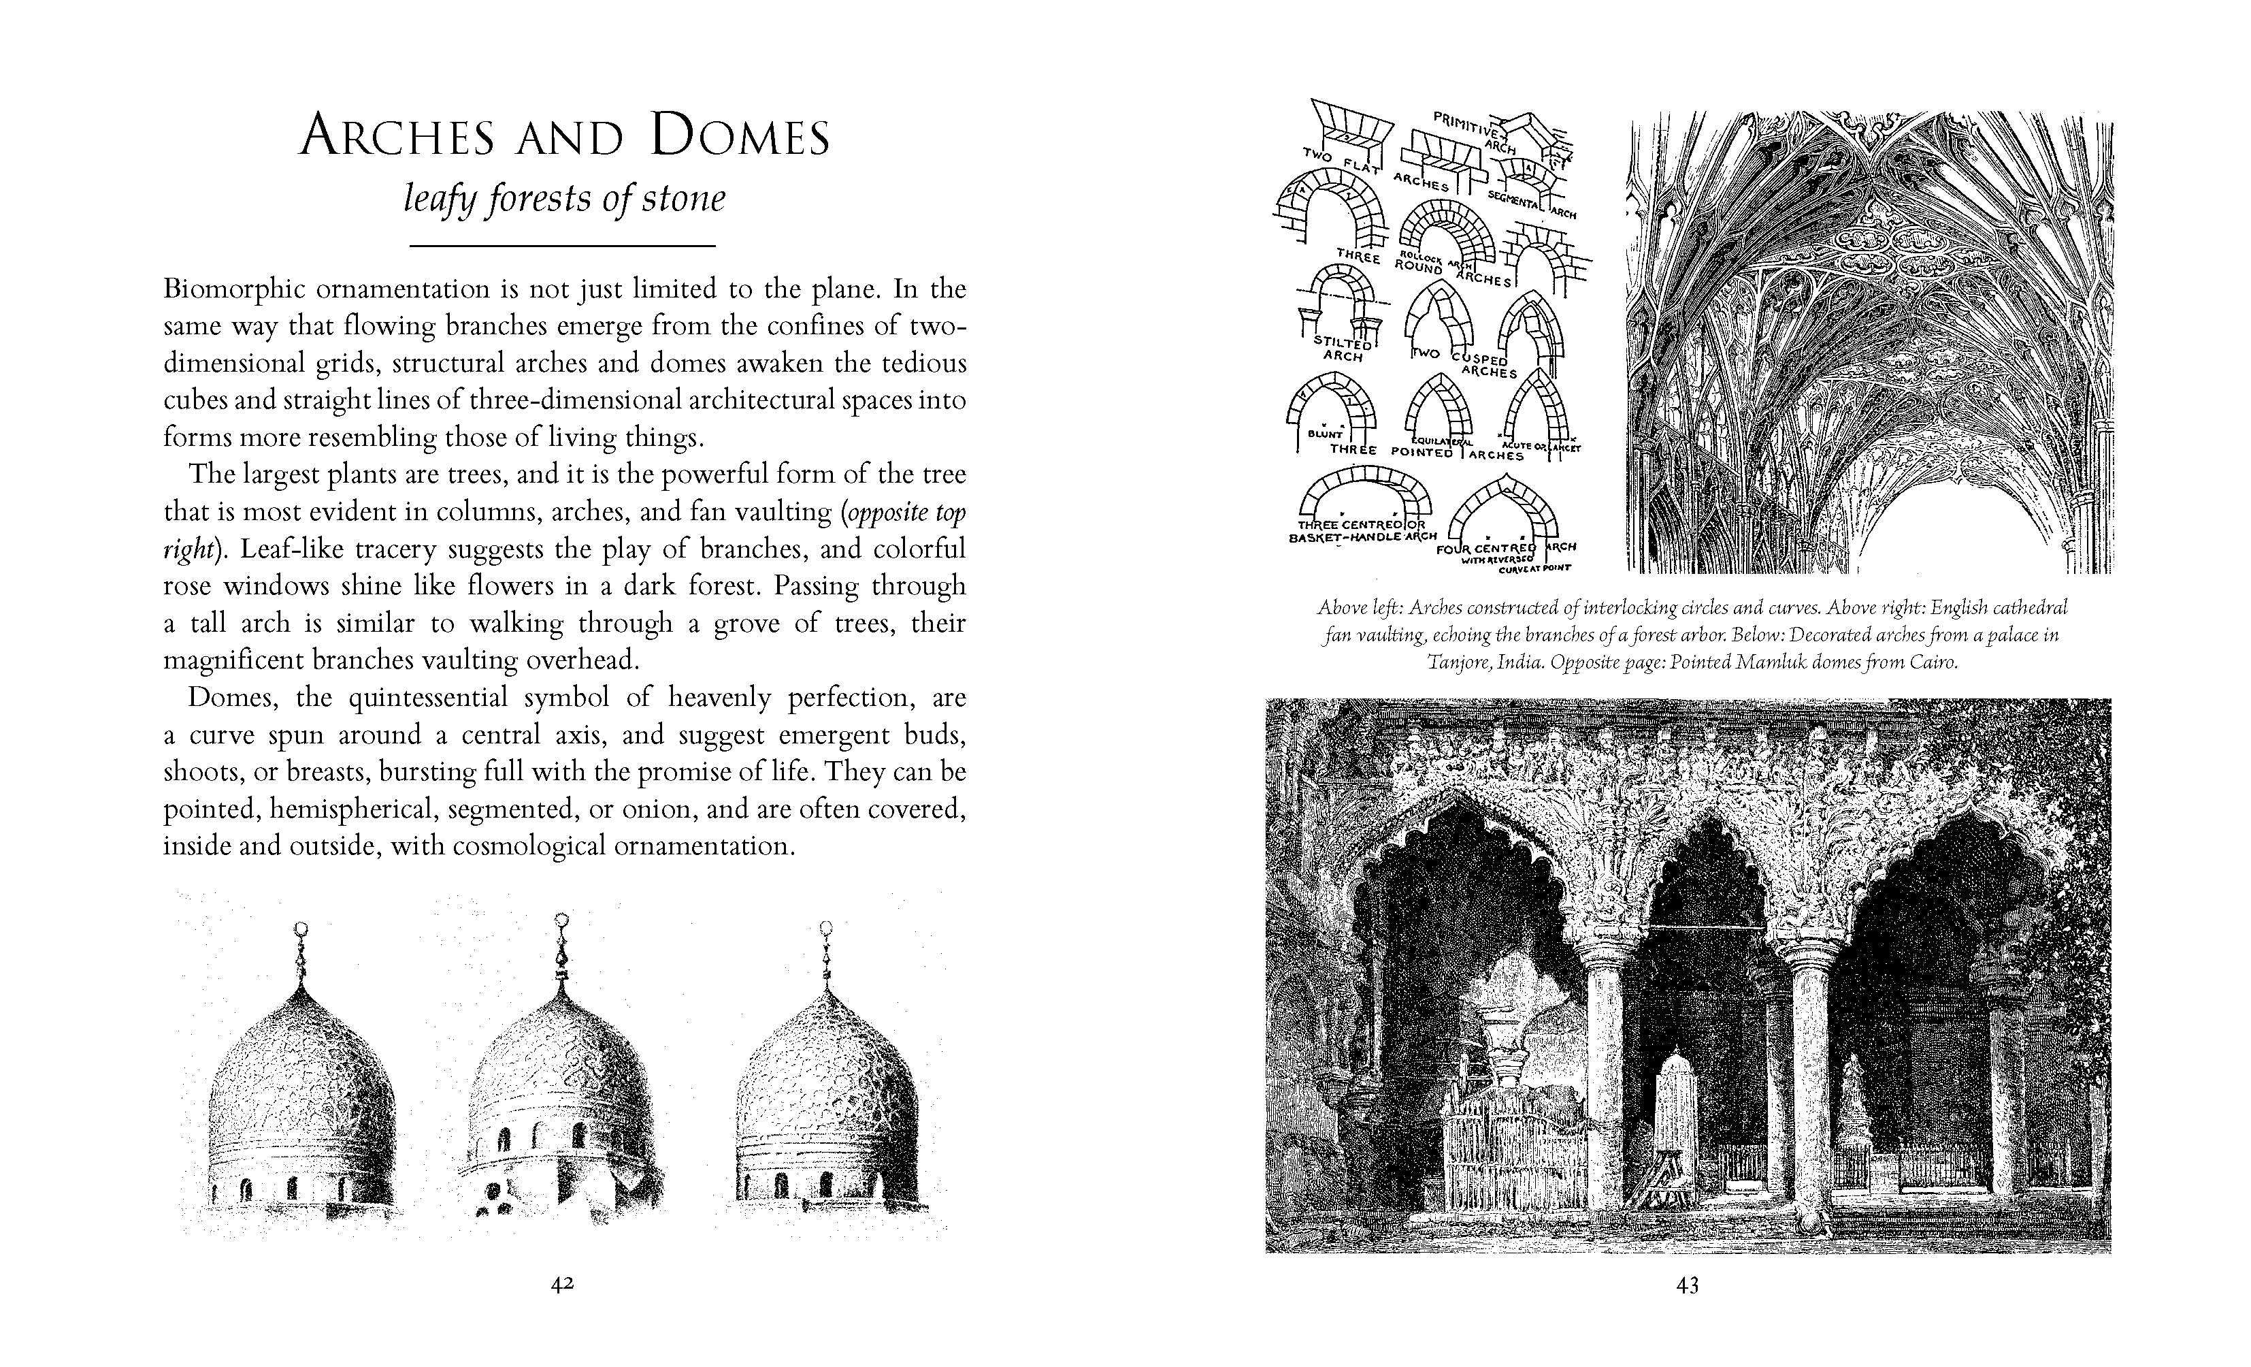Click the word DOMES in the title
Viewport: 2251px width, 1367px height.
tap(740, 137)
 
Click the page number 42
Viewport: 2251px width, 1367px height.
tap(562, 1284)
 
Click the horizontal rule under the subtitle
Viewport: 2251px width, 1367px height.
tap(562, 246)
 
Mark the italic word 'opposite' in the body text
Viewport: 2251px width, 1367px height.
tap(891, 512)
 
